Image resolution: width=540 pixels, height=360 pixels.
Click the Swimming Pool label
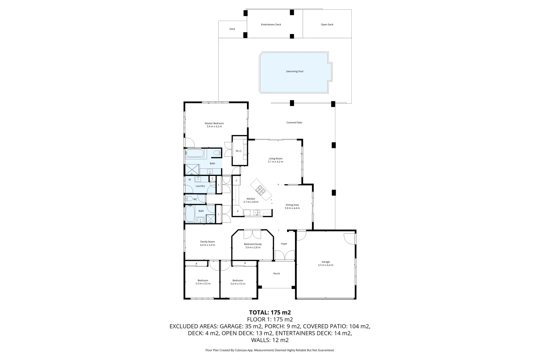click(x=295, y=71)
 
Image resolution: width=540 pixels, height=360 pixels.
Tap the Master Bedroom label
click(x=214, y=124)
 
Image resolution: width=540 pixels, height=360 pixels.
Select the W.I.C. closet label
click(x=239, y=151)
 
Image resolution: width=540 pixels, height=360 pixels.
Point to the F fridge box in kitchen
click(x=236, y=181)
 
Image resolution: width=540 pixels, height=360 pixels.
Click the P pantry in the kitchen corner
click(x=238, y=211)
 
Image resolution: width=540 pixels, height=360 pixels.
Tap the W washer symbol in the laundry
click(x=189, y=180)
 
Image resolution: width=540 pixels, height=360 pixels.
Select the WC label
click(x=195, y=199)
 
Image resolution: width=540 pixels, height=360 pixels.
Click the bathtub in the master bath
click(x=194, y=154)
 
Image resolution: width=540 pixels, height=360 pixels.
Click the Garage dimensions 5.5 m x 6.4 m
click(x=325, y=265)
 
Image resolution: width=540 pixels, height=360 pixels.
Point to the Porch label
click(x=276, y=274)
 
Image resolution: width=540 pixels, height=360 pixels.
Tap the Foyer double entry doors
click(x=285, y=255)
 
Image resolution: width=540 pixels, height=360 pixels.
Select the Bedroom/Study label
click(x=253, y=244)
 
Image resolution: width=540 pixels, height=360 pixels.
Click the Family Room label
click(x=207, y=242)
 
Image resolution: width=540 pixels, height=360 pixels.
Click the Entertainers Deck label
click(x=271, y=25)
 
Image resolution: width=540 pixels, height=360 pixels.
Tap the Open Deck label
click(x=327, y=25)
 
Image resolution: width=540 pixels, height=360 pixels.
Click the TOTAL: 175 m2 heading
click(x=270, y=312)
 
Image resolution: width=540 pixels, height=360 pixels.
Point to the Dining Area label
click(x=292, y=205)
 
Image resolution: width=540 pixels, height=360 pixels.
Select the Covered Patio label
click(x=294, y=123)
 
